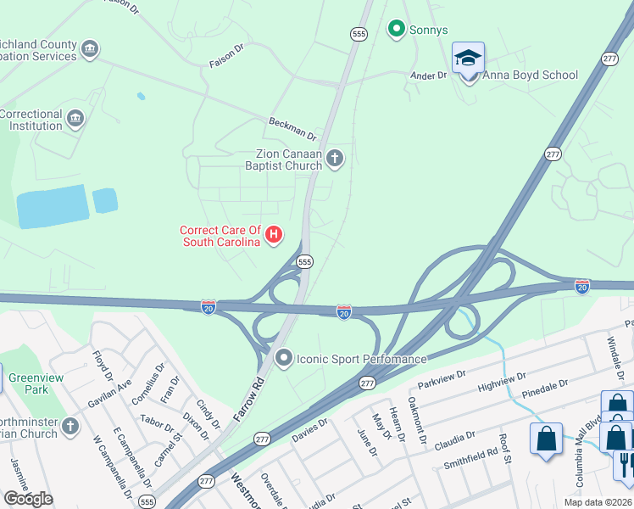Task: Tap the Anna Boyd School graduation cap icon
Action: (x=468, y=59)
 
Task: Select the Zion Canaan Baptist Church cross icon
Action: (x=335, y=158)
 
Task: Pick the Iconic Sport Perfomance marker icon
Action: (x=284, y=358)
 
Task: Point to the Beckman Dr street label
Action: (x=292, y=128)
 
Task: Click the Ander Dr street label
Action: (x=428, y=76)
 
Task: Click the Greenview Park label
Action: (x=28, y=384)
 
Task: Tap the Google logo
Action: (x=28, y=499)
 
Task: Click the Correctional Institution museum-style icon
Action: (x=75, y=117)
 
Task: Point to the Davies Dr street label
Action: (x=309, y=433)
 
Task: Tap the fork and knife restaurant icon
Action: (x=626, y=465)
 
